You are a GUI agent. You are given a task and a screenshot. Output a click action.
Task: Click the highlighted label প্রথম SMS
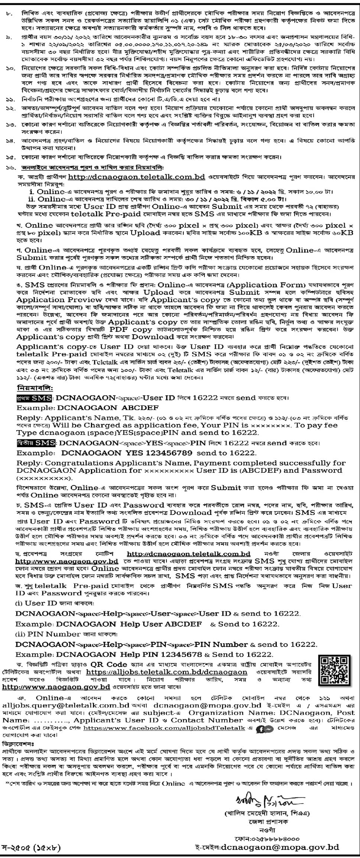point(34,398)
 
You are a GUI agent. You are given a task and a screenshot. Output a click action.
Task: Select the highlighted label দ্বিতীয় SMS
point(36,443)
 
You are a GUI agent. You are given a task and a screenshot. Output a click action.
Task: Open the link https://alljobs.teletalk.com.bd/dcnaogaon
point(166,672)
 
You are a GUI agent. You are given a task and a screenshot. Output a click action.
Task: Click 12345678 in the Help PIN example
point(182,654)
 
